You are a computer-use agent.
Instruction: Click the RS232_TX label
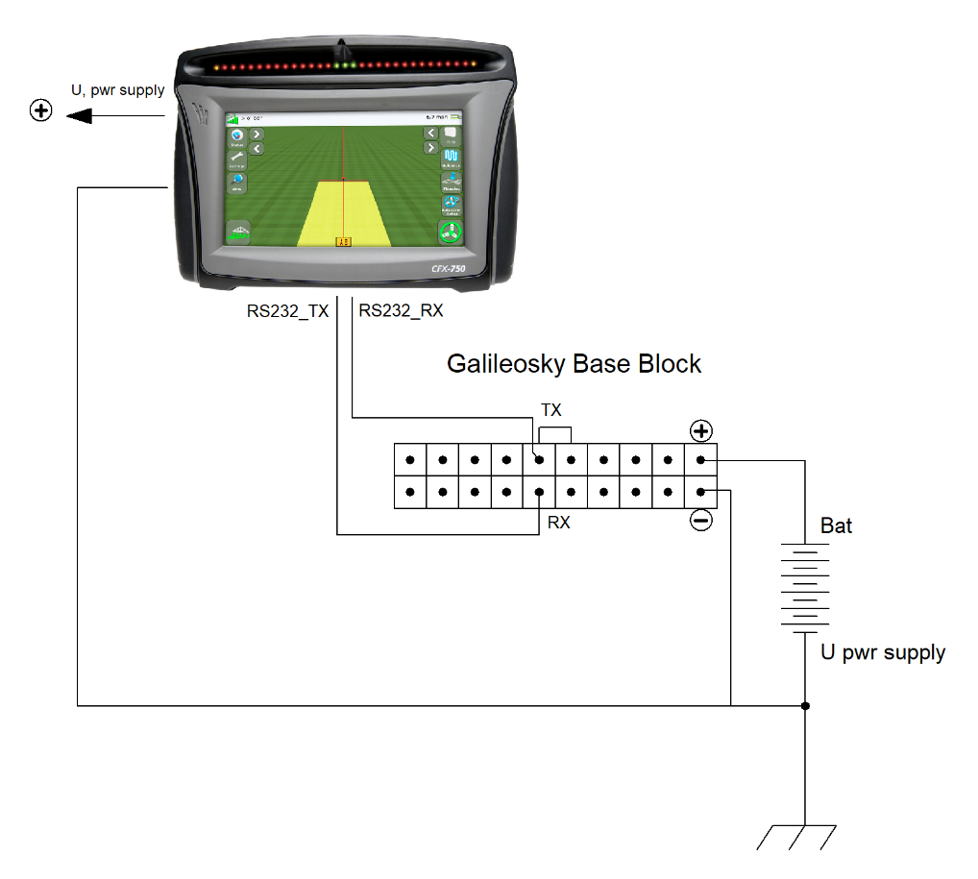(x=287, y=311)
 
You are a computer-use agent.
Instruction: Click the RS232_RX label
(x=401, y=311)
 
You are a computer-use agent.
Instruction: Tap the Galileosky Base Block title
(x=574, y=364)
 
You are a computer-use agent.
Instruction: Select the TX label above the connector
(x=550, y=410)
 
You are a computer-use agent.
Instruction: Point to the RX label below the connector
(x=558, y=524)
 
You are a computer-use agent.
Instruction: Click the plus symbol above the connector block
(x=701, y=430)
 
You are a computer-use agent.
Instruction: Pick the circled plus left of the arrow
(x=40, y=112)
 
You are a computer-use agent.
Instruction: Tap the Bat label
(x=836, y=526)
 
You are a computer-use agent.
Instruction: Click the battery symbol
(x=804, y=586)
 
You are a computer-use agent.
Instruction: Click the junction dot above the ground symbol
(x=805, y=706)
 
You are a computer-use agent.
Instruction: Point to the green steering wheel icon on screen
(x=449, y=232)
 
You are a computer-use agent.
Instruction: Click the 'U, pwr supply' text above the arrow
(x=118, y=90)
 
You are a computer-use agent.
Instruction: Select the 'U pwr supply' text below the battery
(x=882, y=653)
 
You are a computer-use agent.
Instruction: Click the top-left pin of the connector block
(x=410, y=460)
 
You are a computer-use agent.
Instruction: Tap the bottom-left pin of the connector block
(x=410, y=493)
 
